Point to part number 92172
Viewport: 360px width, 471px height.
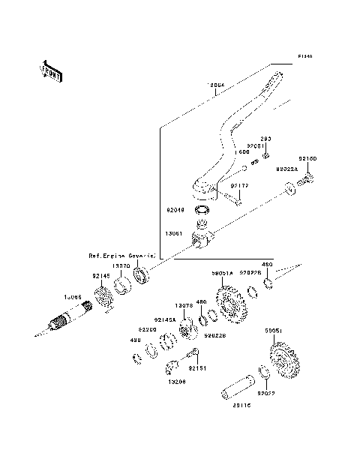click(x=239, y=184)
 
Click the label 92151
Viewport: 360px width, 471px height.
click(x=196, y=368)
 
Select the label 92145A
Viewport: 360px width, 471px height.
click(x=165, y=319)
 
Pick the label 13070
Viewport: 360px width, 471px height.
click(x=121, y=265)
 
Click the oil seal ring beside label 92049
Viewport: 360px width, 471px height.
click(x=202, y=210)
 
